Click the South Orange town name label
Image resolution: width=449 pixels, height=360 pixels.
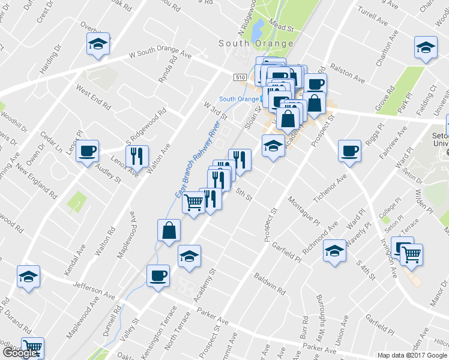(x=256, y=43)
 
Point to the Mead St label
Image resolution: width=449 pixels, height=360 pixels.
(x=280, y=28)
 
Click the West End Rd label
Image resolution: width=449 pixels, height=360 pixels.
(x=93, y=97)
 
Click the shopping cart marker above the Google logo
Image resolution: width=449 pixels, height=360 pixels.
(x=32, y=347)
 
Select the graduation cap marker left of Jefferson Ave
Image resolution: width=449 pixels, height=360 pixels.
(x=28, y=276)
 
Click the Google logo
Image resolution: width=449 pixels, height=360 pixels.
(x=20, y=353)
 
